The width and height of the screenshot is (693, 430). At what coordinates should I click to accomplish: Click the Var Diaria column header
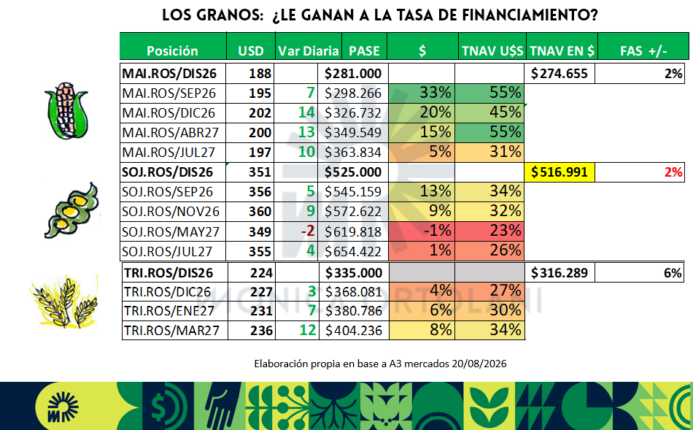308,51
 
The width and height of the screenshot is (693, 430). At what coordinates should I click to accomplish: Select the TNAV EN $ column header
562,51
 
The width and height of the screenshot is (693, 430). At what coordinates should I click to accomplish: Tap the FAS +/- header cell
643,51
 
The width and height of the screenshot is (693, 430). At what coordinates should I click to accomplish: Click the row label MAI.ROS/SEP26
169,93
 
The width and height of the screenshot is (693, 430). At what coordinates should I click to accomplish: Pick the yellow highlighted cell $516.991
560,172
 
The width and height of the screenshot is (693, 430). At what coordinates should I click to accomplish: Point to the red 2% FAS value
673,172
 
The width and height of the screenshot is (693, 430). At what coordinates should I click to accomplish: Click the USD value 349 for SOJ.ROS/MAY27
260,231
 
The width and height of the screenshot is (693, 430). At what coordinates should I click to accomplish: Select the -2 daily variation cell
308,231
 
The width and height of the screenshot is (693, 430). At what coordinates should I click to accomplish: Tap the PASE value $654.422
352,251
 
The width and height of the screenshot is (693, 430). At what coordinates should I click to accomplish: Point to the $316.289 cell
560,272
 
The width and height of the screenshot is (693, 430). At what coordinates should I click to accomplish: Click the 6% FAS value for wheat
673,272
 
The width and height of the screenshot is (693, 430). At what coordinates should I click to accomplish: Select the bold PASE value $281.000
352,74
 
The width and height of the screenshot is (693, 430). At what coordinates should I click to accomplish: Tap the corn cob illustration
66,110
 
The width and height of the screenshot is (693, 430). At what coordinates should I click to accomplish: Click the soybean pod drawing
72,210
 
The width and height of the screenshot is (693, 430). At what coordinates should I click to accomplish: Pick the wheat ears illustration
64,302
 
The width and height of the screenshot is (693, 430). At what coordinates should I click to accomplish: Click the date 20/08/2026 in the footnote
479,364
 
